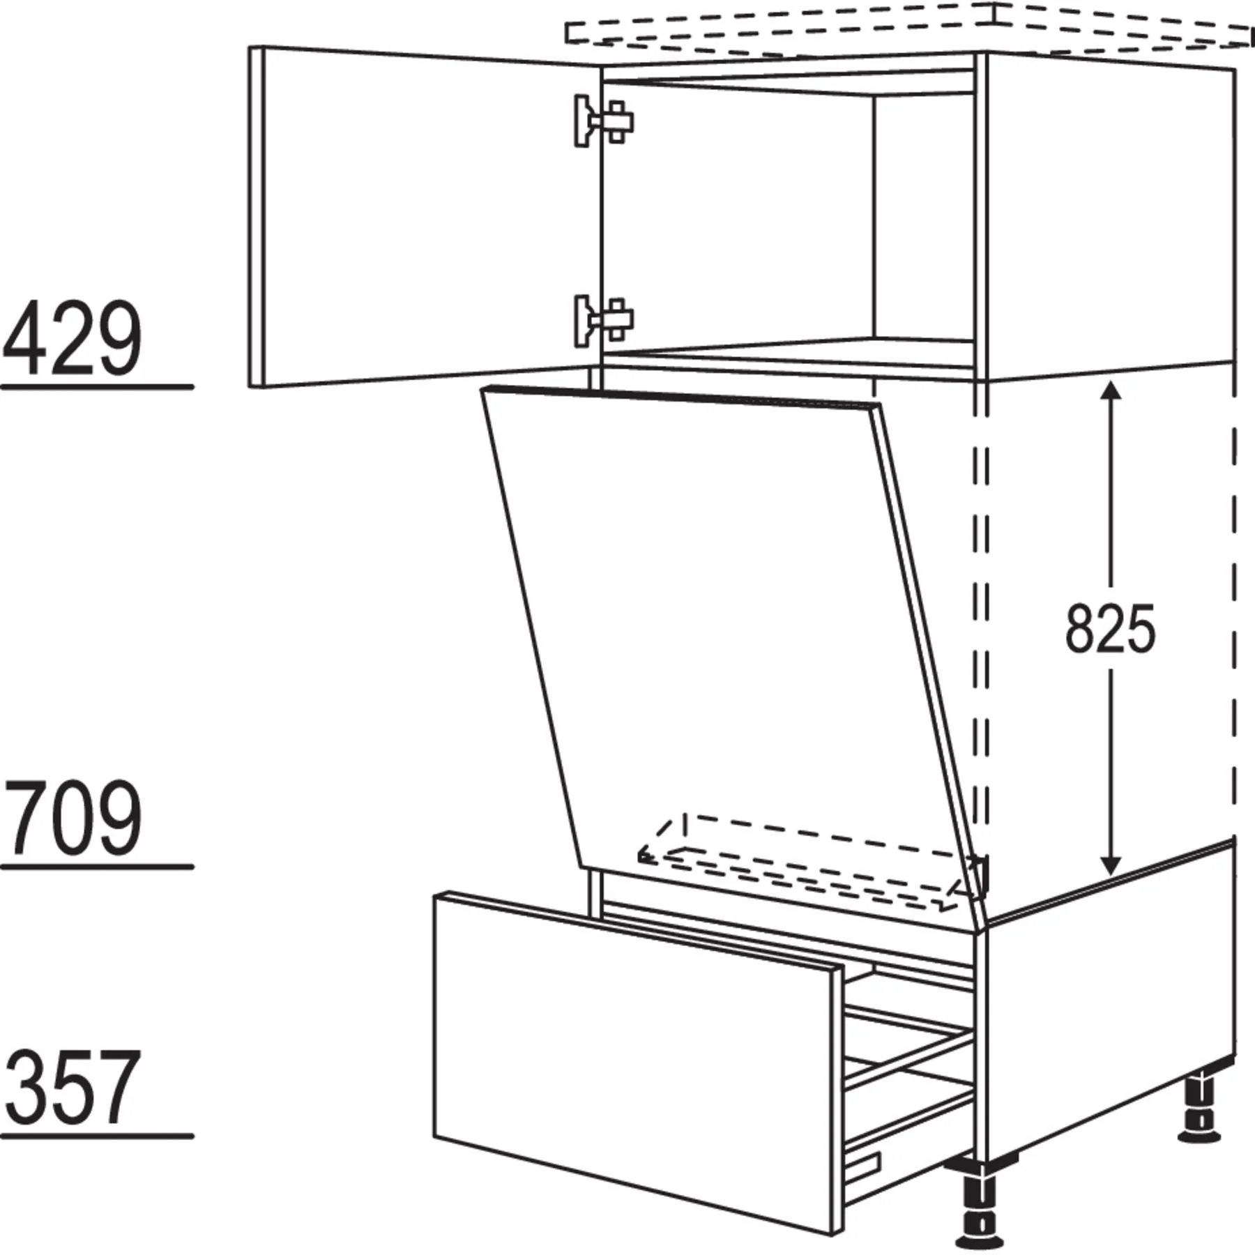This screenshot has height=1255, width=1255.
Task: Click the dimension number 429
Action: [72, 339]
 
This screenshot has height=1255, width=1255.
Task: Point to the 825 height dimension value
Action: [1110, 630]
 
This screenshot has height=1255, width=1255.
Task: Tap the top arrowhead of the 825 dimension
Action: [1110, 395]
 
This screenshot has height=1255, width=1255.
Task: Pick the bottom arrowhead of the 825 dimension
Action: [1110, 862]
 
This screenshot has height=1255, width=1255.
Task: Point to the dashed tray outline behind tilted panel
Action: [812, 862]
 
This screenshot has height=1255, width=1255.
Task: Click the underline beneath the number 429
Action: [97, 387]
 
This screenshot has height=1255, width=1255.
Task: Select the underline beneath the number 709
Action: [97, 867]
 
